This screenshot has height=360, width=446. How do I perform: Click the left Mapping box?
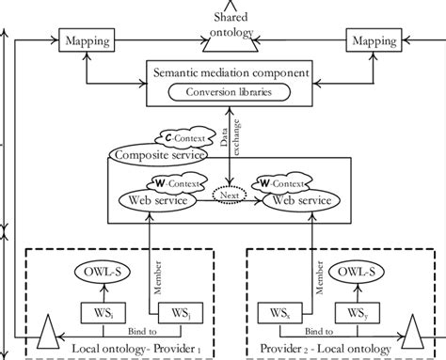coord(85,41)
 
